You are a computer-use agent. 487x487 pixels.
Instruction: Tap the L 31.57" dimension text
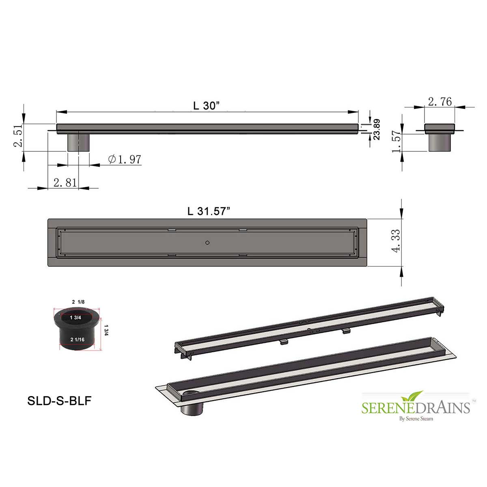(x=209, y=211)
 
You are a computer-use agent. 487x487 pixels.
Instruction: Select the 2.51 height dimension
(x=18, y=137)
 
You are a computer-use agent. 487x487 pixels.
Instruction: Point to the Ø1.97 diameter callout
(x=125, y=159)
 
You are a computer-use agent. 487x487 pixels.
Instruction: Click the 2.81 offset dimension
(x=65, y=183)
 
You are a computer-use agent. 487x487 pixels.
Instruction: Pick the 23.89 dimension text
(x=377, y=129)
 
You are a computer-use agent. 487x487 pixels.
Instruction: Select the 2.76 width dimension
(x=440, y=101)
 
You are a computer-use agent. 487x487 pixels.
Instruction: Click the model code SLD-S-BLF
(x=59, y=401)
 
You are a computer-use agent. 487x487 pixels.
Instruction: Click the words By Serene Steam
(x=416, y=419)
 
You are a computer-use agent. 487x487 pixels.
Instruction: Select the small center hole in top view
(x=207, y=243)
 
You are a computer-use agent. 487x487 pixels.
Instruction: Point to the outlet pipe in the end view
(x=440, y=142)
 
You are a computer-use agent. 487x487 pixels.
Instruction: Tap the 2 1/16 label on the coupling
(x=77, y=339)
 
